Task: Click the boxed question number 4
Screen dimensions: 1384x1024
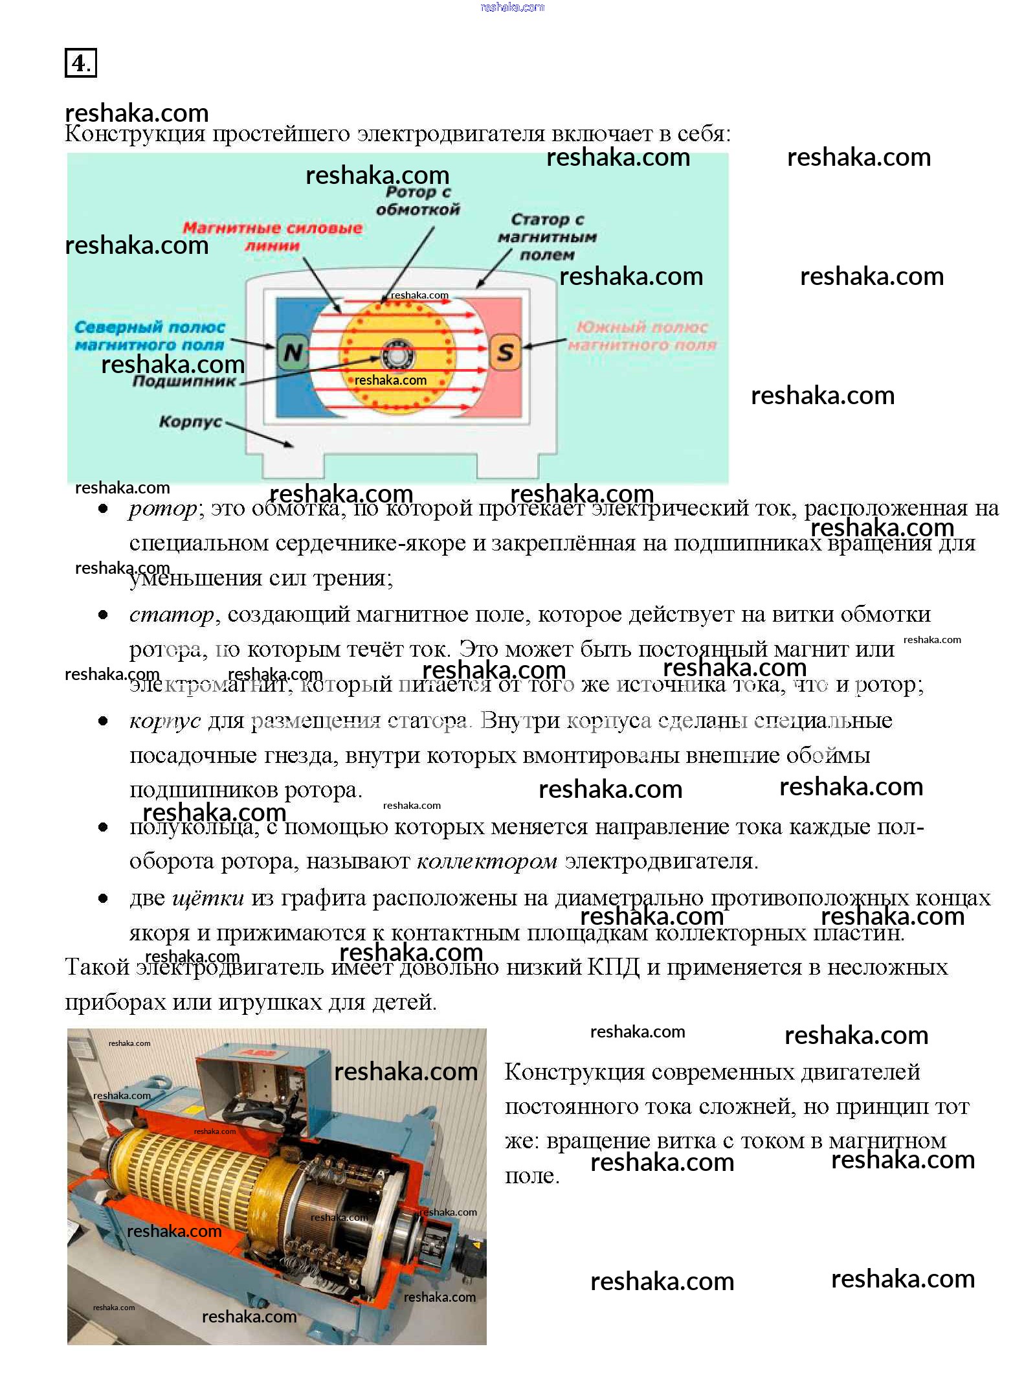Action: (80, 63)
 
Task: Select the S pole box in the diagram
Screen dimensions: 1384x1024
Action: (505, 352)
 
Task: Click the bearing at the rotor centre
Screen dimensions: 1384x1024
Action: (397, 354)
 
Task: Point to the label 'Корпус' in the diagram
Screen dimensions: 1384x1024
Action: (190, 422)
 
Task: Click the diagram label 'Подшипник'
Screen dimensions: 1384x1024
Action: (184, 381)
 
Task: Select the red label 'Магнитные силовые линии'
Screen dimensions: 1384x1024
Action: (273, 236)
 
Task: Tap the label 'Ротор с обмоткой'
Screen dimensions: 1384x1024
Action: (417, 200)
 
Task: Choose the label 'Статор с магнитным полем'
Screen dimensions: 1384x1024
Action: (547, 237)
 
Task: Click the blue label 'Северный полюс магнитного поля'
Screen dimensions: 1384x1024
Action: (150, 335)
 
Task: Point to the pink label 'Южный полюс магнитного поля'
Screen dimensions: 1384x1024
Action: (642, 335)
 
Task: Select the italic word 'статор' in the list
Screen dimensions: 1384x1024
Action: (172, 614)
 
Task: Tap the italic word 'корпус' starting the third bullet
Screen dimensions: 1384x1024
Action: (165, 720)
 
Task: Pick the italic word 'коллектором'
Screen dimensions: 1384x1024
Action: (487, 861)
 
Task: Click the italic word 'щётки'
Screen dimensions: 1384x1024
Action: (208, 898)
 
